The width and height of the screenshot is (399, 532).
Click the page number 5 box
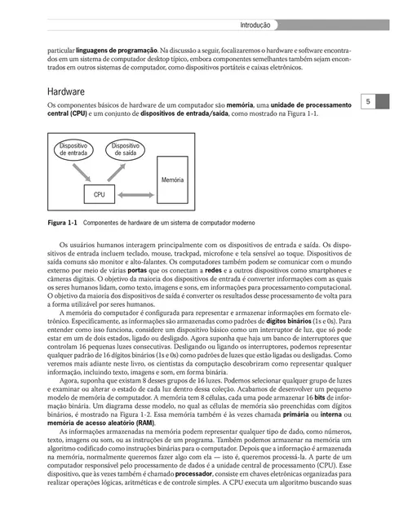click(368, 102)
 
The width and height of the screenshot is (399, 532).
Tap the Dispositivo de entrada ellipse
click(73, 149)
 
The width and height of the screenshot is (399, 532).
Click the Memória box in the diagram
click(172, 179)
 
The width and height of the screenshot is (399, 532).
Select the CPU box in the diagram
click(100, 195)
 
